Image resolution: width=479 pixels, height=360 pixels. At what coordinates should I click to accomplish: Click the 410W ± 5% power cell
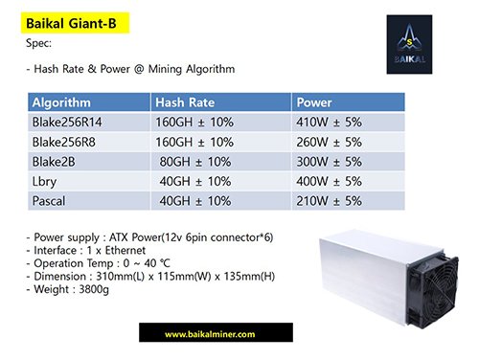pos(330,123)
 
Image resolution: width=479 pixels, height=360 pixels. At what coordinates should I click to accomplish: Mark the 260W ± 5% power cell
pos(330,142)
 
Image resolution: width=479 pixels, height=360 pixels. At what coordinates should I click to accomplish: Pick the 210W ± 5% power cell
pos(330,201)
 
